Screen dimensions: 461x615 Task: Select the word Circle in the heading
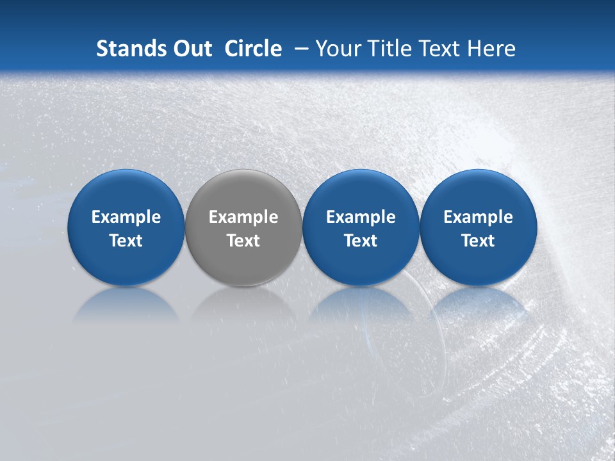coord(253,49)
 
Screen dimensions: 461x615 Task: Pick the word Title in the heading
coord(389,49)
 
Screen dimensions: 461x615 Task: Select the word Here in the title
coord(492,49)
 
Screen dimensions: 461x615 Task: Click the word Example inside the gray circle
coord(243,218)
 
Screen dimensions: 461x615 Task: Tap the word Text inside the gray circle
coord(243,241)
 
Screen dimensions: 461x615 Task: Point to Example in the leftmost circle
coord(126,218)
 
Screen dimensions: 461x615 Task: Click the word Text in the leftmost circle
coord(126,241)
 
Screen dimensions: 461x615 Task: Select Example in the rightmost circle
coord(479,218)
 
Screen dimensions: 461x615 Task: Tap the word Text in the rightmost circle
coord(479,241)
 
